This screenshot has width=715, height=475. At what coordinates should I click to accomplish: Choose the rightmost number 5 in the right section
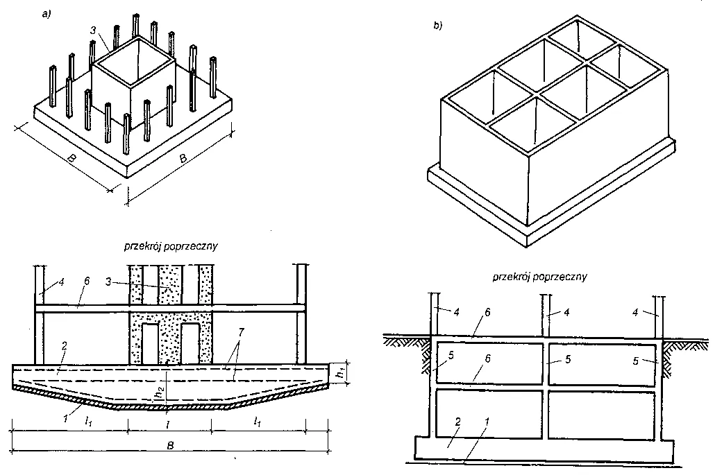(645, 361)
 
